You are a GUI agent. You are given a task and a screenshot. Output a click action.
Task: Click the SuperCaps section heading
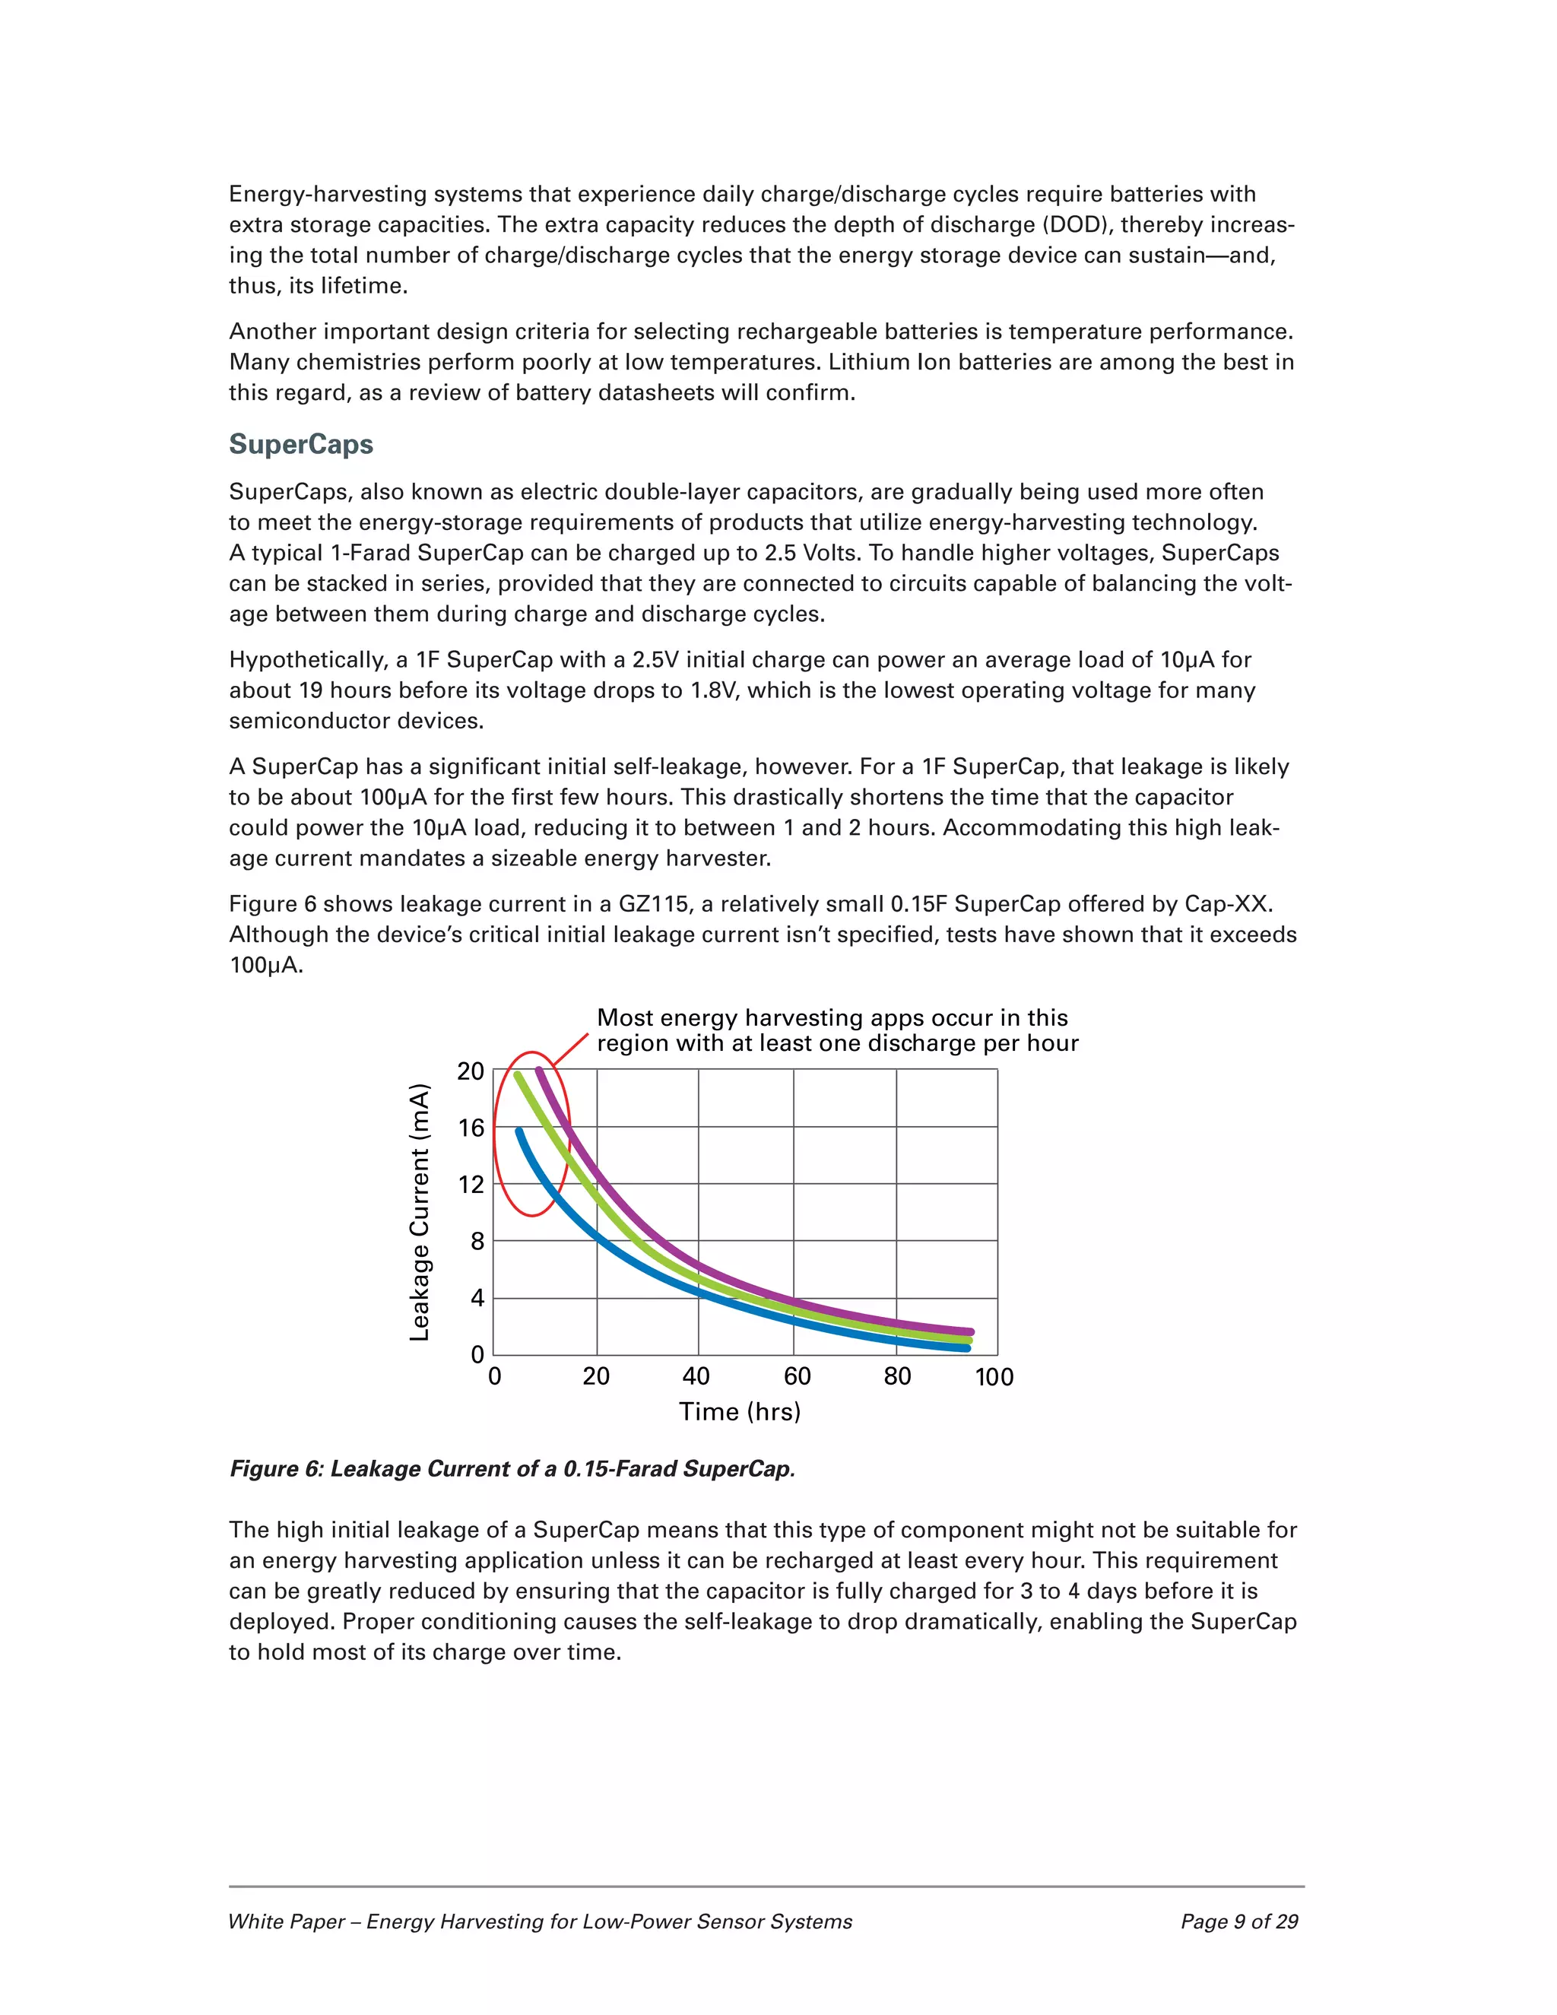tap(301, 445)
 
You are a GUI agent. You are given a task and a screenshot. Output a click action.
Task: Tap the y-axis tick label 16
tap(471, 1128)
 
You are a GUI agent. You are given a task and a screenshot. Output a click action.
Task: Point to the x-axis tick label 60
tap(797, 1376)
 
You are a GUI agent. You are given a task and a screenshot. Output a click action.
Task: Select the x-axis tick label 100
tap(994, 1378)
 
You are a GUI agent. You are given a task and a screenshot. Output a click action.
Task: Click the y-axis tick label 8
tap(477, 1242)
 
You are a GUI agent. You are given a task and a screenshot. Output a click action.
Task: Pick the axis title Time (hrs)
tap(740, 1411)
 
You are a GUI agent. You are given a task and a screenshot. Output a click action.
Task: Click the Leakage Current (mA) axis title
tap(420, 1212)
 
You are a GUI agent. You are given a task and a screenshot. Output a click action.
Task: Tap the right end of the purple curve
tap(969, 1331)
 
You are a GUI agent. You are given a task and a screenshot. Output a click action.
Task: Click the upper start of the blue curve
tap(518, 1131)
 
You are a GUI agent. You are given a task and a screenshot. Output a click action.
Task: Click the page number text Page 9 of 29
tap(1238, 1921)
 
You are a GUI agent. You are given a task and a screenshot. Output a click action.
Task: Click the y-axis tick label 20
tap(471, 1072)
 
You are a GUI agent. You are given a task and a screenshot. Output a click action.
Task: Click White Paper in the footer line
tap(287, 1921)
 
